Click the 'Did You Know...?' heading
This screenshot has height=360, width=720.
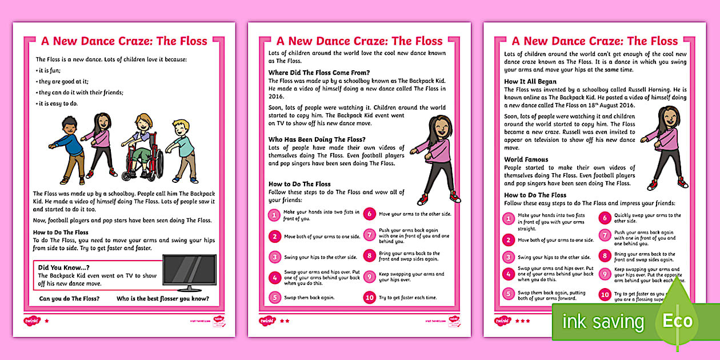pyautogui.click(x=63, y=267)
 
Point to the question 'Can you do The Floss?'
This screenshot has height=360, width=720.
pyautogui.click(x=69, y=298)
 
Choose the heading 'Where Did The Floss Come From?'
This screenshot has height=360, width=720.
pyautogui.click(x=319, y=73)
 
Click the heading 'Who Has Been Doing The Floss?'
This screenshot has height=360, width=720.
pyautogui.click(x=317, y=139)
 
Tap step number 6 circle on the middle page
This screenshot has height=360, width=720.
pyautogui.click(x=369, y=214)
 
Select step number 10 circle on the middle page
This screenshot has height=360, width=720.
pyautogui.click(x=369, y=297)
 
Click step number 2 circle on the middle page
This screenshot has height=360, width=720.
pyautogui.click(x=275, y=236)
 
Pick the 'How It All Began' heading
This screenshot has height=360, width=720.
pyautogui.click(x=530, y=82)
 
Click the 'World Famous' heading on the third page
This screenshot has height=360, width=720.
pyautogui.click(x=526, y=159)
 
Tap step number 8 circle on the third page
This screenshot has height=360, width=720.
pyautogui.click(x=605, y=257)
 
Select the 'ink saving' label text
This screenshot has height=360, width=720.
pyautogui.click(x=603, y=322)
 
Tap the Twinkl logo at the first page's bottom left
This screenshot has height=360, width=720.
pyautogui.click(x=31, y=321)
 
